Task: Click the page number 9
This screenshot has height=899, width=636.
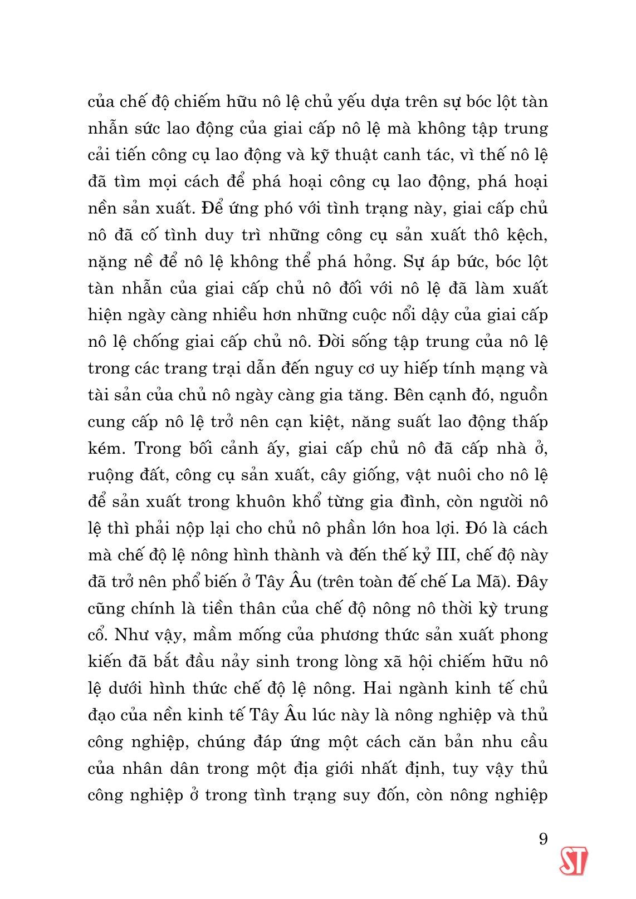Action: (x=543, y=838)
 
